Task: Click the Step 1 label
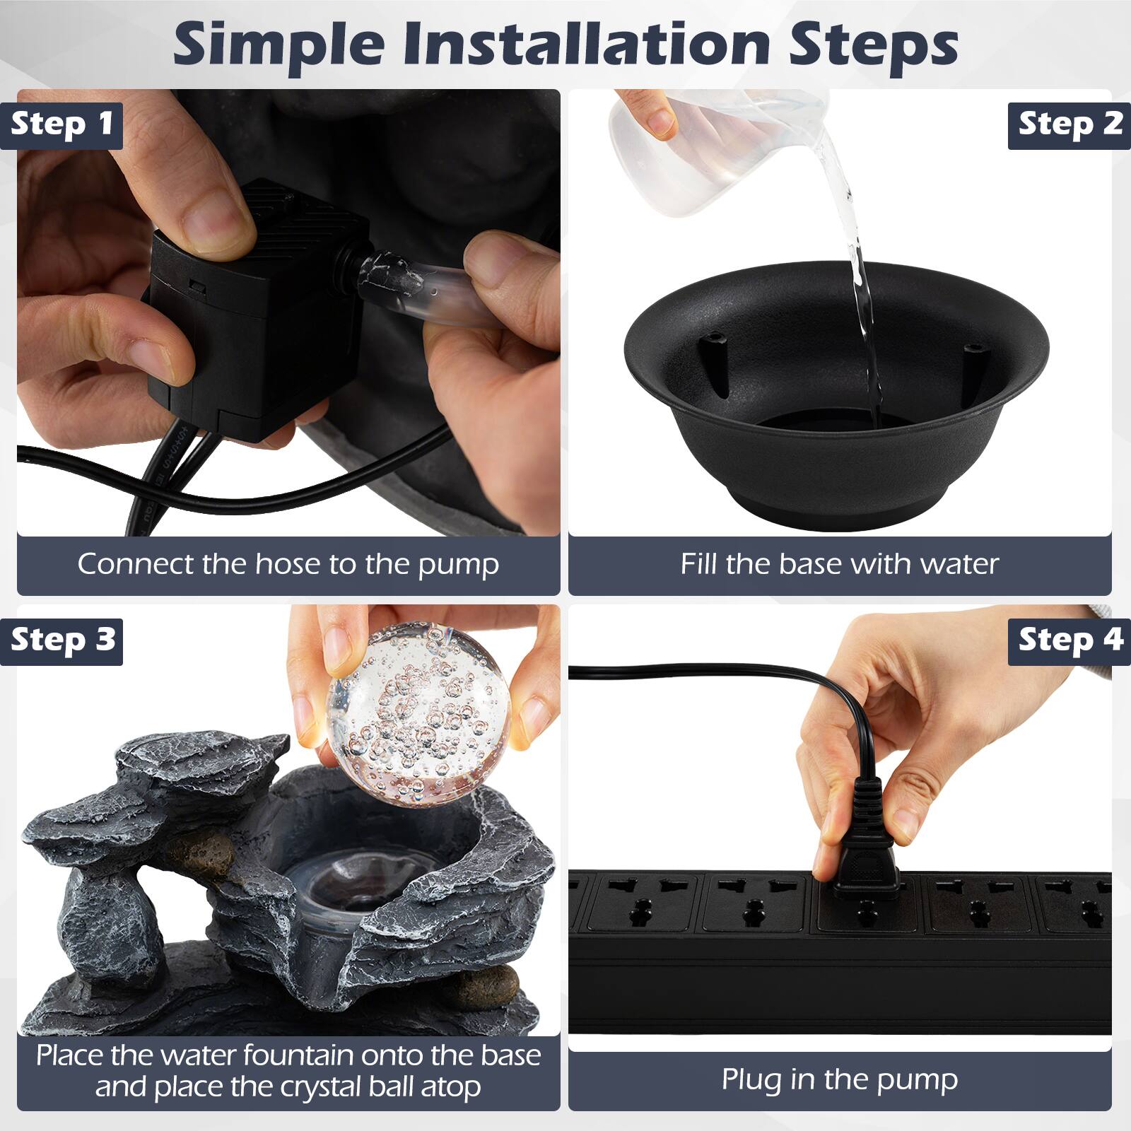click(x=61, y=124)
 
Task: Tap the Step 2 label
click(x=1070, y=124)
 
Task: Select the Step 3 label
click(x=61, y=640)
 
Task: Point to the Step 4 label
click(x=1070, y=640)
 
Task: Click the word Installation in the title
click(x=587, y=44)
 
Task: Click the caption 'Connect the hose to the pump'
click(x=288, y=564)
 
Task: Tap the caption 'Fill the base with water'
click(x=840, y=564)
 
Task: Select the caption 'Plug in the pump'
click(x=840, y=1079)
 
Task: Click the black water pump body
click(x=258, y=311)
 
